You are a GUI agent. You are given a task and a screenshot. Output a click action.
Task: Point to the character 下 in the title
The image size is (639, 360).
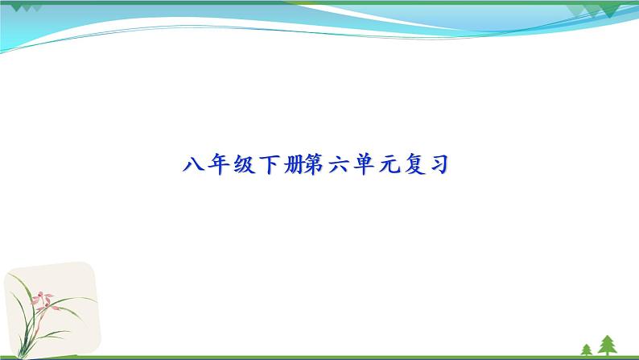click(x=265, y=166)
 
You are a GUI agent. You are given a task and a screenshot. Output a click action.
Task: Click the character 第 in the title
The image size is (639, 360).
click(x=313, y=166)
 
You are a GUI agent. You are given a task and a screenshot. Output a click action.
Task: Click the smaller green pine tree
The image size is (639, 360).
click(x=587, y=349)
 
